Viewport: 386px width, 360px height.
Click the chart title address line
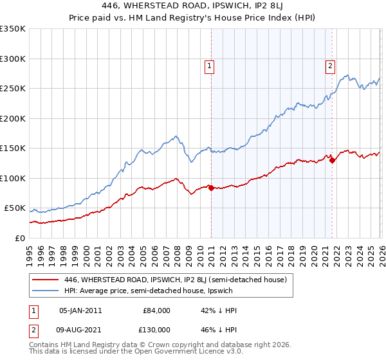point(193,6)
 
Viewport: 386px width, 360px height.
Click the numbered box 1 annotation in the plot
point(210,65)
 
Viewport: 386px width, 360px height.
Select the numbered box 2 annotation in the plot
point(330,65)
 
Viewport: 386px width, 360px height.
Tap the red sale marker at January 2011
point(211,188)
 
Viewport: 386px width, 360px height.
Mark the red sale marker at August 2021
point(332,161)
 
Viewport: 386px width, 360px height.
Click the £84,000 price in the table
point(156,310)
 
